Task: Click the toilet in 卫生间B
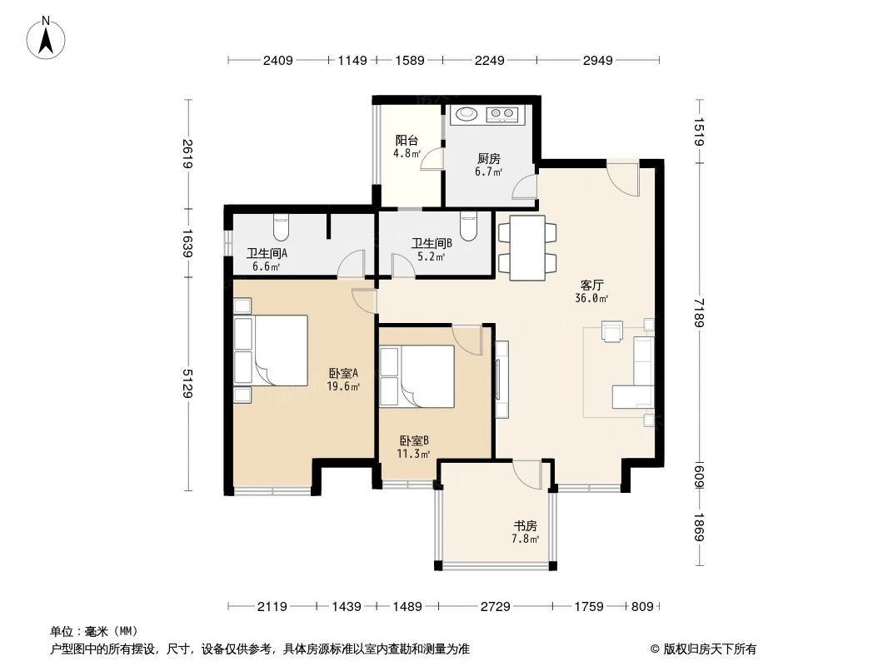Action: (x=469, y=226)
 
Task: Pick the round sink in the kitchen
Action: (x=466, y=113)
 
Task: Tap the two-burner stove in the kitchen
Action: (x=502, y=113)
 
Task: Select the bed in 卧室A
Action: (x=278, y=350)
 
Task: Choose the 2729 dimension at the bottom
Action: (x=495, y=607)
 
